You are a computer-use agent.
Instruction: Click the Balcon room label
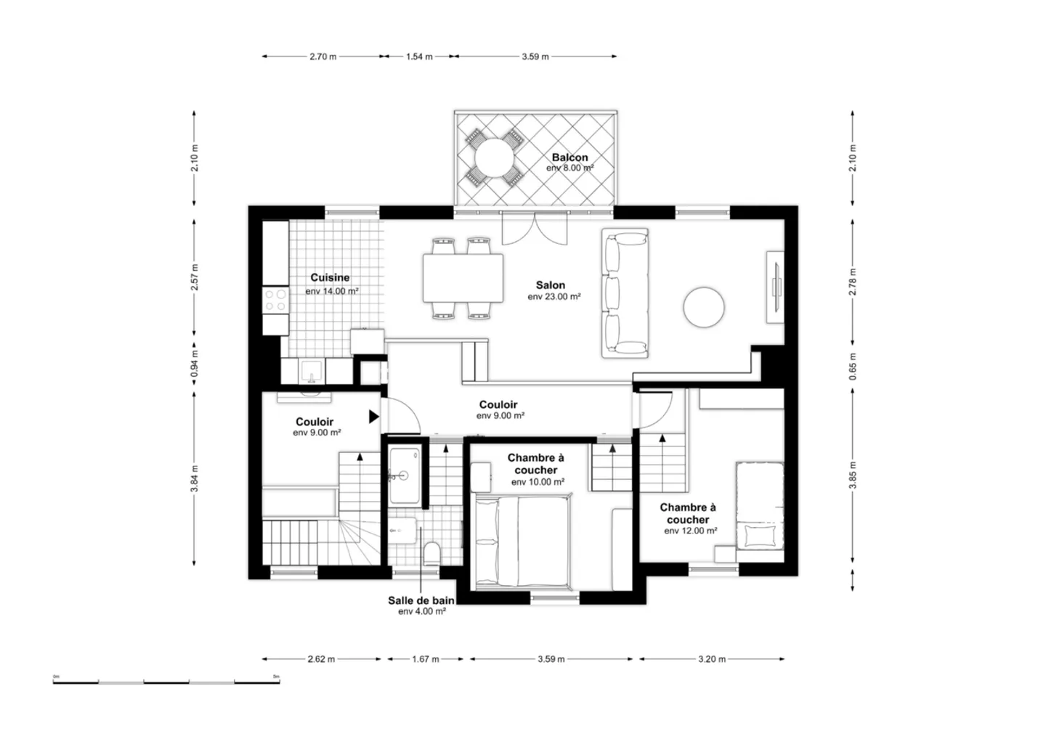pos(569,158)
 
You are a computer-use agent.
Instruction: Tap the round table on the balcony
pos(494,158)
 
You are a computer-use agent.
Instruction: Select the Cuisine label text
pos(330,277)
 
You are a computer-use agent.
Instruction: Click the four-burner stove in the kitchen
pos(275,300)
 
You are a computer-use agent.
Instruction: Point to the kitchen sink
pos(311,372)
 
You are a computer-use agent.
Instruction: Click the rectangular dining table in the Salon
pos(463,278)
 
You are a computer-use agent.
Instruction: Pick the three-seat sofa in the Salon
pos(625,293)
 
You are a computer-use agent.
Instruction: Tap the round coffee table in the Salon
pos(704,308)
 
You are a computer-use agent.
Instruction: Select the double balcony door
pos(534,228)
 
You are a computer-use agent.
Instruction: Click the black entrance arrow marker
pos(373,417)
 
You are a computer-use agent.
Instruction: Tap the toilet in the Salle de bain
pos(432,553)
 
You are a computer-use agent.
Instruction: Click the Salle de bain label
pos(421,600)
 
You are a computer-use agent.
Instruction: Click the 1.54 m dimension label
pos(419,57)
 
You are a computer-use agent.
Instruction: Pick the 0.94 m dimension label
pos(194,364)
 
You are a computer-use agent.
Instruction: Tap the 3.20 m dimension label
pos(712,659)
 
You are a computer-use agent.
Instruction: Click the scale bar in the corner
pos(166,682)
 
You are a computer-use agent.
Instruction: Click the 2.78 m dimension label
pos(853,282)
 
